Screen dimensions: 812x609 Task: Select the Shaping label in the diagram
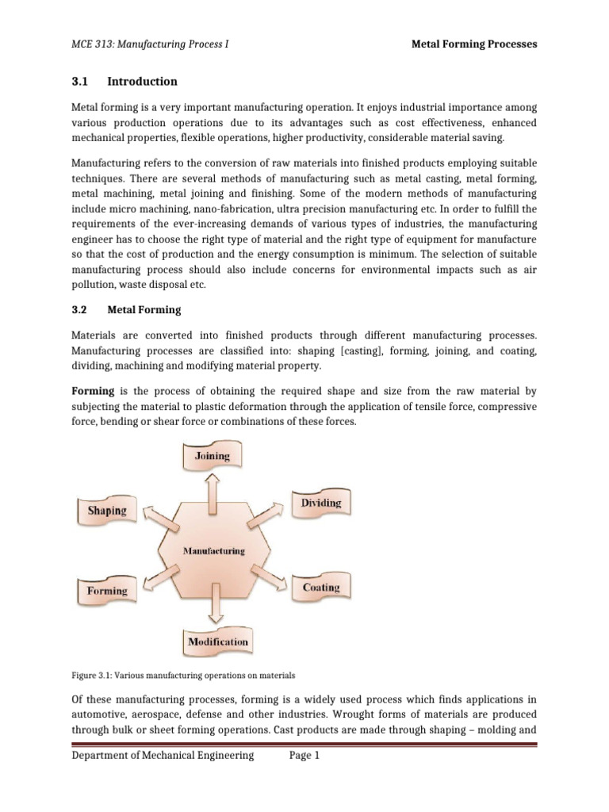[x=107, y=510]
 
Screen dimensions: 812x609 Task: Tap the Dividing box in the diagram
[x=320, y=503]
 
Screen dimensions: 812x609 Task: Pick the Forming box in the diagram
[x=106, y=591]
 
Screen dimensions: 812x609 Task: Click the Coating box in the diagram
[x=320, y=588]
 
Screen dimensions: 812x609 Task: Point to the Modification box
[x=217, y=642]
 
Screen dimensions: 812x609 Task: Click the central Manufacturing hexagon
[x=214, y=550]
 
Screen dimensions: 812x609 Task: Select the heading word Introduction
[x=142, y=82]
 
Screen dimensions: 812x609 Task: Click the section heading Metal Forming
[x=144, y=310]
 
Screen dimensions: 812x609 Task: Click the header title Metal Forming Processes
[x=473, y=44]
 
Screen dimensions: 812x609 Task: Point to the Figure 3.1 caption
[x=183, y=676]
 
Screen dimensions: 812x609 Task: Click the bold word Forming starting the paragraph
[x=94, y=391]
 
